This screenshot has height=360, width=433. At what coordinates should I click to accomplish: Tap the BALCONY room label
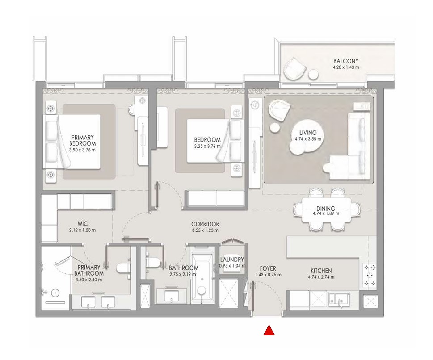pyautogui.click(x=345, y=61)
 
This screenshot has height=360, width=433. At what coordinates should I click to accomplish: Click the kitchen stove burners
pyautogui.click(x=370, y=275)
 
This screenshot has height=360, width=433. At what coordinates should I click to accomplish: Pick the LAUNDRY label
pyautogui.click(x=232, y=260)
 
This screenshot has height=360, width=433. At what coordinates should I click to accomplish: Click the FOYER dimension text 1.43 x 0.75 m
pyautogui.click(x=268, y=275)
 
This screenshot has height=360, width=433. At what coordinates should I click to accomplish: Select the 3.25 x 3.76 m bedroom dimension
pyautogui.click(x=207, y=146)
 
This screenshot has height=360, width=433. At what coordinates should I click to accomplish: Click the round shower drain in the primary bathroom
pyautogui.click(x=55, y=293)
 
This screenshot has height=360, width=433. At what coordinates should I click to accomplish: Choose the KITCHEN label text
pyautogui.click(x=321, y=271)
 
